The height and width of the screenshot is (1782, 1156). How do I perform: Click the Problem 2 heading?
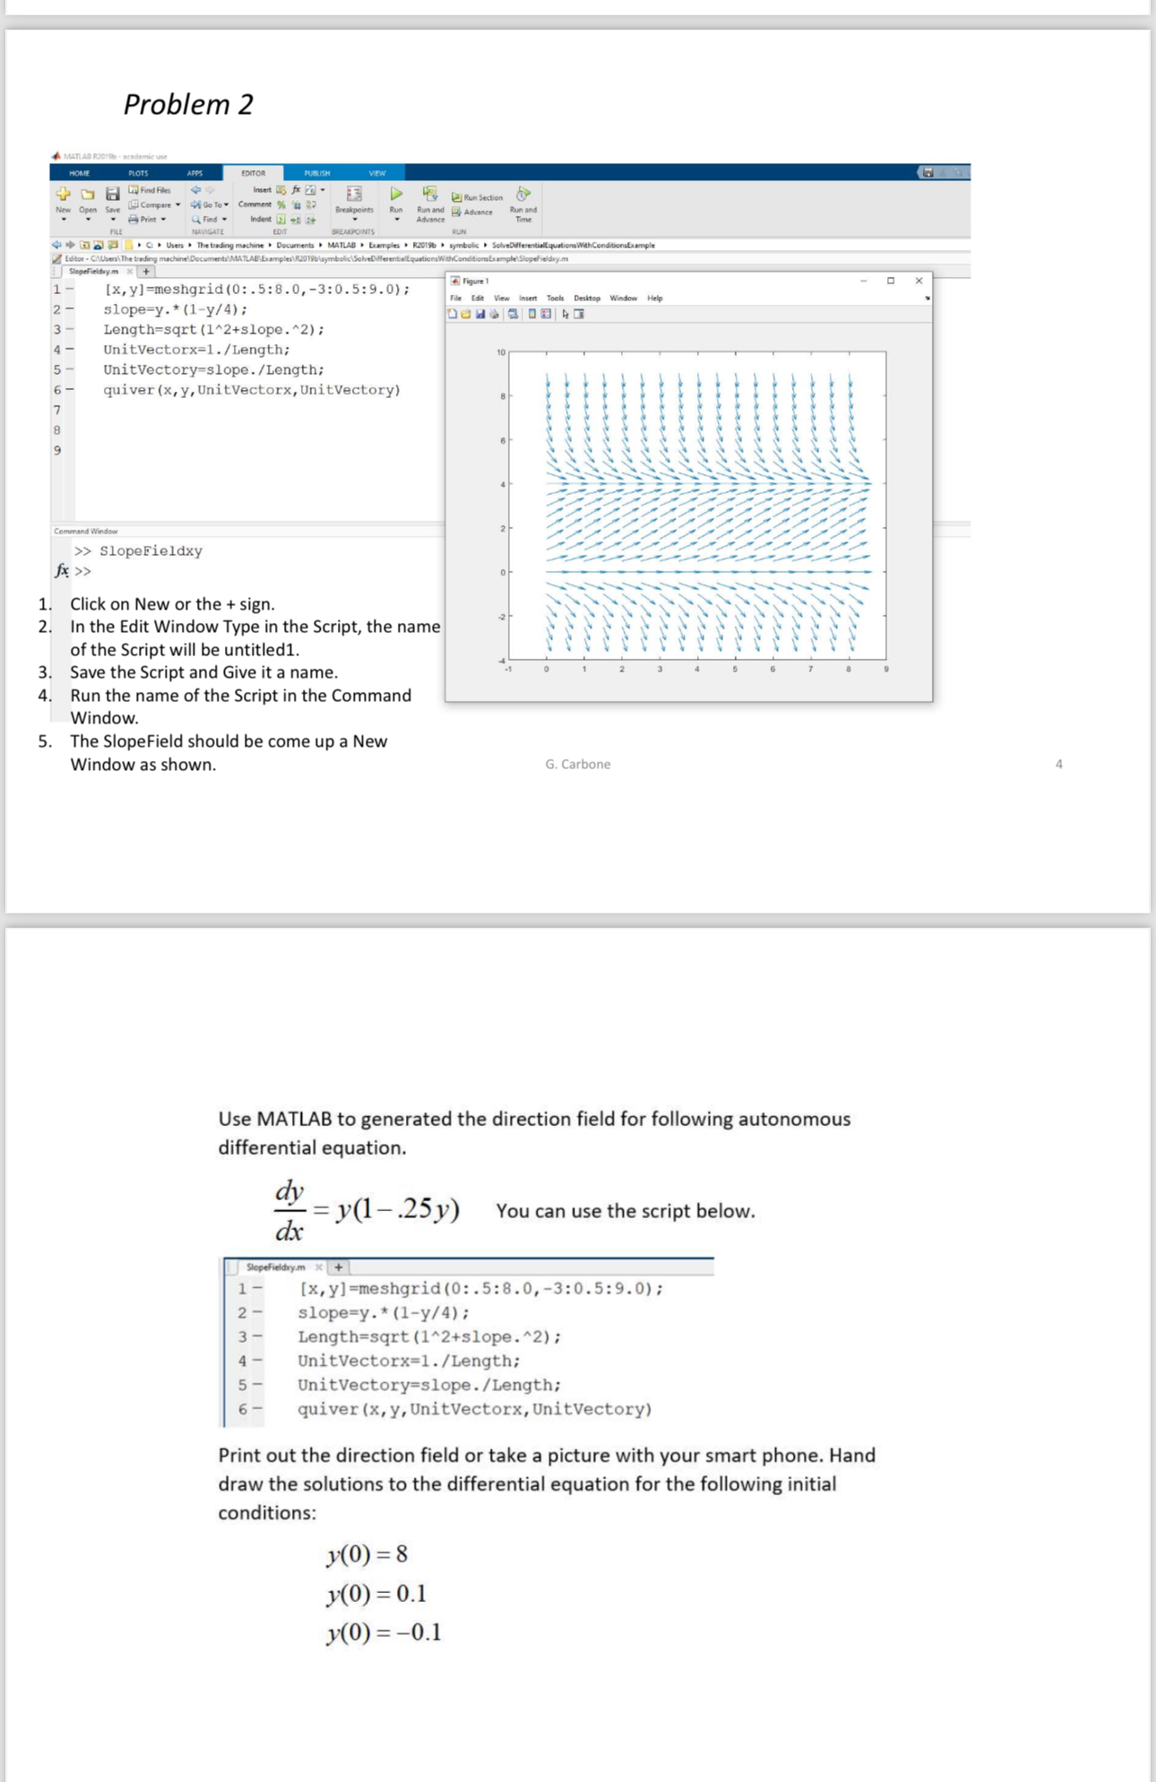coord(188,104)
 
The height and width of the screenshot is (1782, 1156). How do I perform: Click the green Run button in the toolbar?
coord(395,195)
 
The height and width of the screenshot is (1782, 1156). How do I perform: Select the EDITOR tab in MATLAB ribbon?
coord(253,173)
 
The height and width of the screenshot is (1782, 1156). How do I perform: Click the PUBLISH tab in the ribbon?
coord(316,173)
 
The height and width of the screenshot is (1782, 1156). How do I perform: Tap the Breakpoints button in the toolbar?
coord(354,199)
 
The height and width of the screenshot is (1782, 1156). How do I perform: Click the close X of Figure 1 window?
coord(919,281)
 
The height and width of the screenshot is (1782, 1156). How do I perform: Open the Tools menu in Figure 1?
coord(555,298)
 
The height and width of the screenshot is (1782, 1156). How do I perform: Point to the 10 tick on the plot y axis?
coord(502,352)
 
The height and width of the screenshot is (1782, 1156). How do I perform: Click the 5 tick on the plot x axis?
coord(735,669)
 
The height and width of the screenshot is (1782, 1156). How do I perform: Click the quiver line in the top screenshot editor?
coord(252,390)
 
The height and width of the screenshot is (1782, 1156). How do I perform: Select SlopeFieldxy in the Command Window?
coord(151,551)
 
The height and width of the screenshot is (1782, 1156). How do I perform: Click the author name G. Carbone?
coord(577,764)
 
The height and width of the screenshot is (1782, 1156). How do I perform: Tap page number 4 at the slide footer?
coord(1058,764)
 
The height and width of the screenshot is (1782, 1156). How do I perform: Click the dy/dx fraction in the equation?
coord(289,1210)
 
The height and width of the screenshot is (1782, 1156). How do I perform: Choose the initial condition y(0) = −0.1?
coord(384,1631)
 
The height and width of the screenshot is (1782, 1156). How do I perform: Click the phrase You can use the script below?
coord(625,1211)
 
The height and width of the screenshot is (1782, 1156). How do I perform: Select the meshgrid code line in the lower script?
coord(480,1289)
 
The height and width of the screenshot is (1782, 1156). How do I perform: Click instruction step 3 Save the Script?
coord(203,672)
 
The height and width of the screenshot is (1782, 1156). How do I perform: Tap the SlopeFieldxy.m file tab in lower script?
coord(275,1267)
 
